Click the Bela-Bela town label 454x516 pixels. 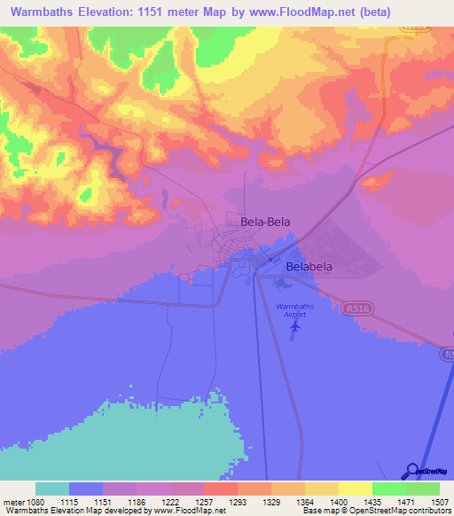[x=265, y=223]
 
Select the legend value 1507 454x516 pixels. [x=439, y=502]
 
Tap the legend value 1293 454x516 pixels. [x=237, y=502]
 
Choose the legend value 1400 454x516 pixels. [x=338, y=502]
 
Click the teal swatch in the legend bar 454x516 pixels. [x=52, y=489]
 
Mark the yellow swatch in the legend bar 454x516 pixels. [x=355, y=489]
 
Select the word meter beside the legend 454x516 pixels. [x=13, y=502]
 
